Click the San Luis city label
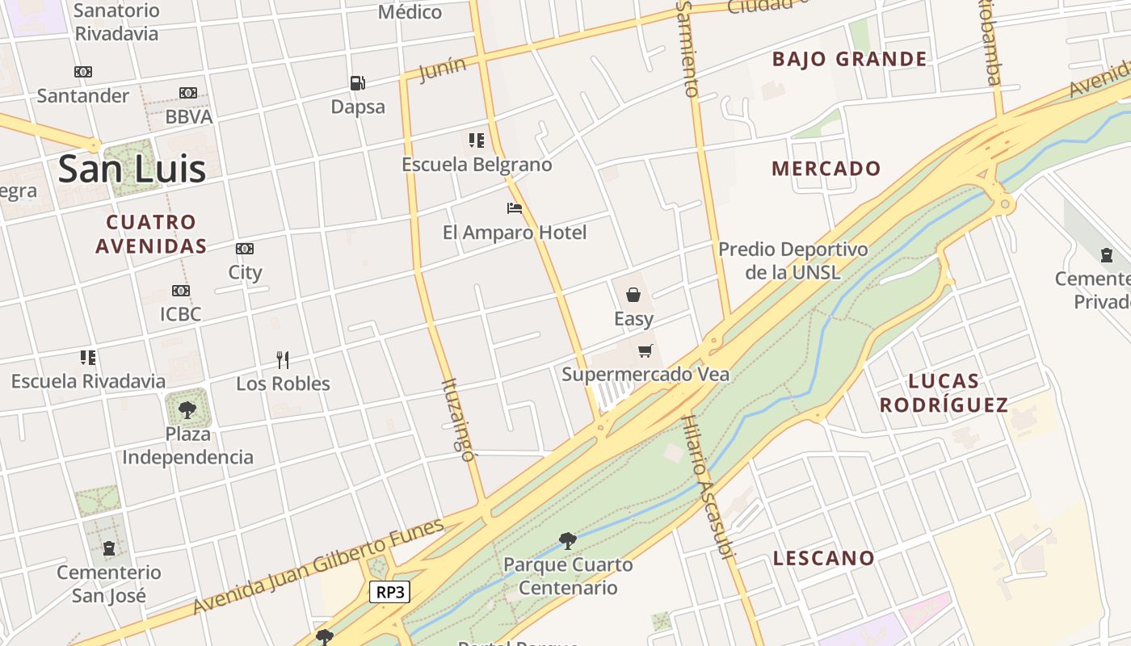(132, 169)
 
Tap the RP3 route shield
(390, 592)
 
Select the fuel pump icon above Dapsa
(357, 82)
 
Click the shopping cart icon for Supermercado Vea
(645, 350)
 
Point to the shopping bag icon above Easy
(633, 295)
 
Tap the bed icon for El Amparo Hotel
(515, 208)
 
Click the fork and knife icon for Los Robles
(283, 359)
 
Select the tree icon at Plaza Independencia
(187, 409)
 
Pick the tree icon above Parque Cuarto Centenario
(567, 540)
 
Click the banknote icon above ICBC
(180, 291)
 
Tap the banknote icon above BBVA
(188, 93)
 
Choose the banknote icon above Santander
(83, 72)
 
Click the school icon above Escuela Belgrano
(477, 141)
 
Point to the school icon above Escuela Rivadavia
(88, 357)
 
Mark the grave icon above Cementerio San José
(109, 548)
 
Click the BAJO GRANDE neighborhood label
(849, 59)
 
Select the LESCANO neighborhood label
(823, 558)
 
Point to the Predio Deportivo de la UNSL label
(793, 260)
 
